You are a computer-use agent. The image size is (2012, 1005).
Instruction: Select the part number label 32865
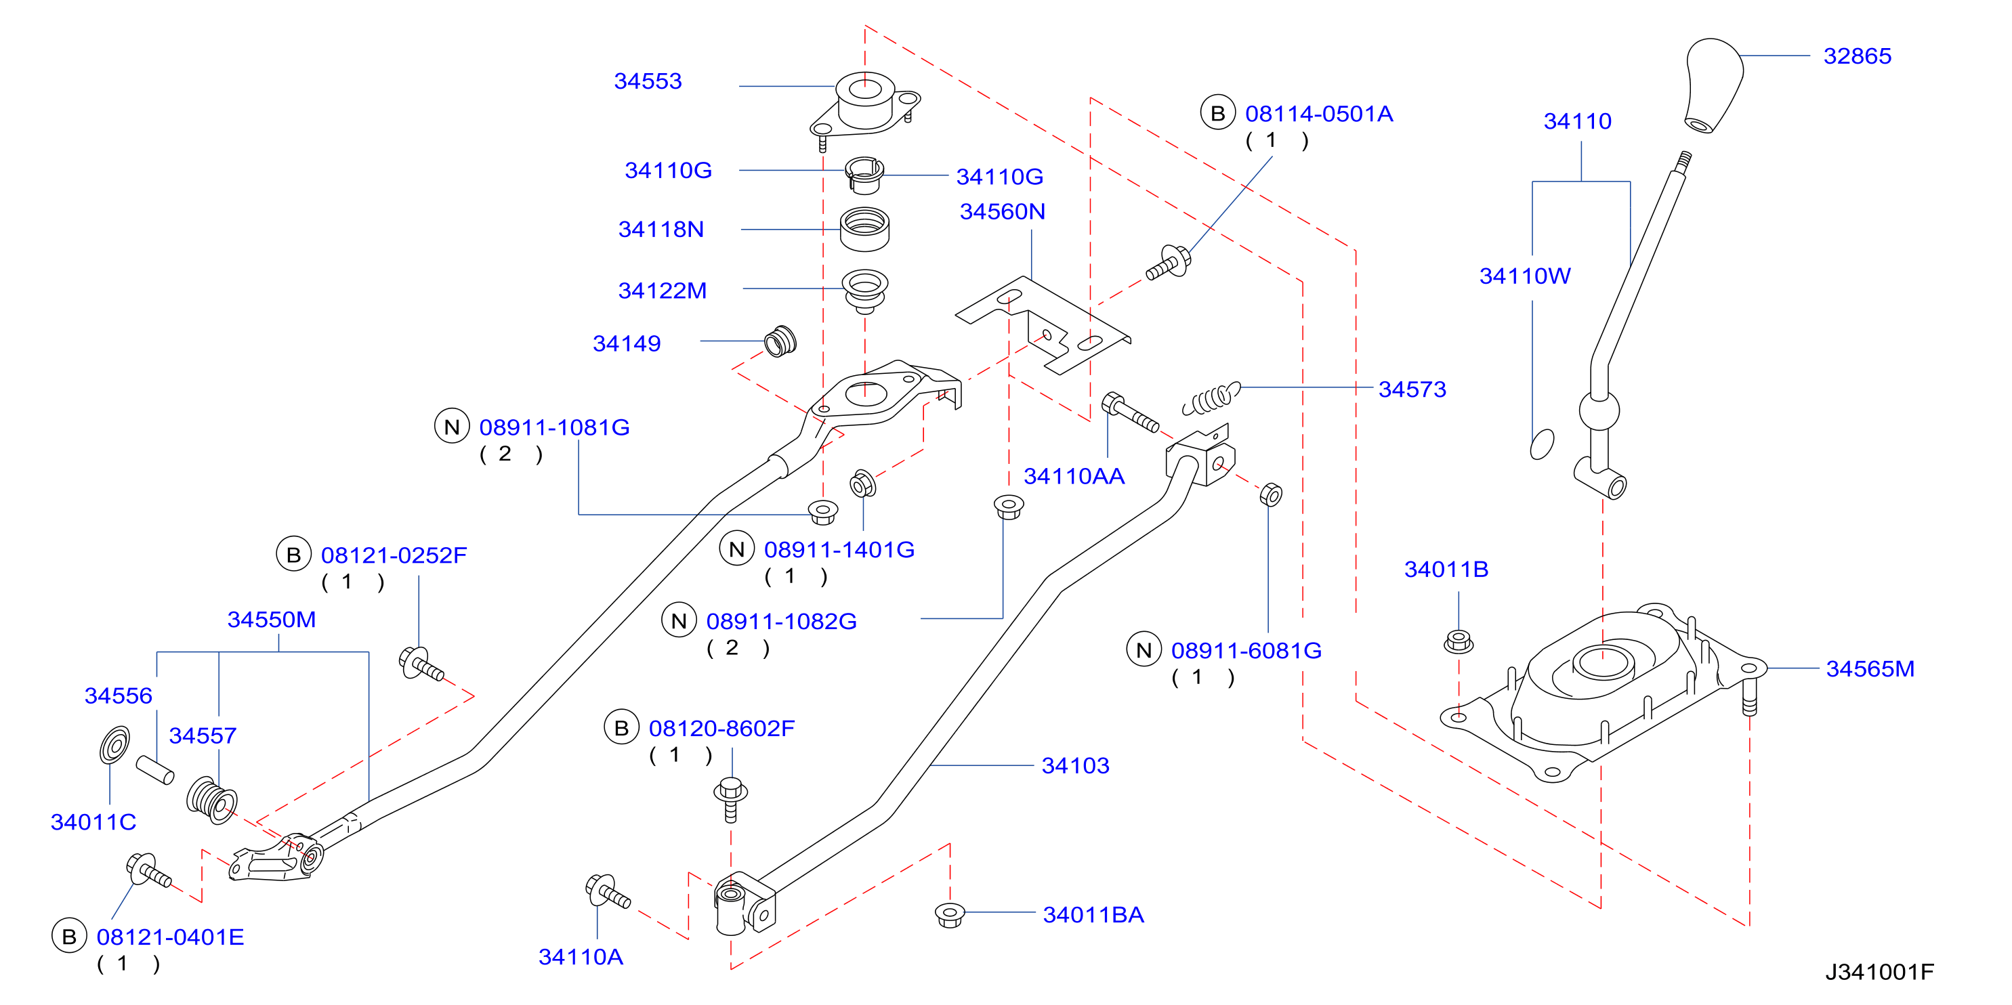pos(1857,56)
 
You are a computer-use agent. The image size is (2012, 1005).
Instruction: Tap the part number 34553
pos(648,81)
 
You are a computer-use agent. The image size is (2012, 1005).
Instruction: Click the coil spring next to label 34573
pos(1211,398)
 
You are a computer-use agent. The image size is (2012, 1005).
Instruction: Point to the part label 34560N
pos(1002,211)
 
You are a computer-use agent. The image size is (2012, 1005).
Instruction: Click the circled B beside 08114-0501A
pos(1217,114)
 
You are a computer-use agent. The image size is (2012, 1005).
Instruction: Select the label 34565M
pos(1870,668)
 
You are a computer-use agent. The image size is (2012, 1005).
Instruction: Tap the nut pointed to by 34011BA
pos(950,914)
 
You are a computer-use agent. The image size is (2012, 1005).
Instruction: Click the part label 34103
pos(1076,765)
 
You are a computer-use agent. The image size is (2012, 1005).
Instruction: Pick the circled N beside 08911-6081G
pos(1144,651)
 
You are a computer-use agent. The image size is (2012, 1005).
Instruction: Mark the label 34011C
pos(93,821)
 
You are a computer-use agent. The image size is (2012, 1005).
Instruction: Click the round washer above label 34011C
pos(114,745)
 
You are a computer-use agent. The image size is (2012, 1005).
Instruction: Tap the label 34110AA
pos(1074,475)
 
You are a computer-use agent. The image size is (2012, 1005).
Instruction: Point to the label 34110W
pos(1525,276)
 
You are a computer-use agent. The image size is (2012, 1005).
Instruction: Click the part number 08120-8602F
pos(721,729)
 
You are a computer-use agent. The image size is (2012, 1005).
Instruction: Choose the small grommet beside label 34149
pos(780,341)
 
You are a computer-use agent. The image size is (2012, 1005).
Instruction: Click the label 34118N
pos(661,230)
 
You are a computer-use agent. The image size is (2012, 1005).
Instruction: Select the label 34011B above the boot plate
pos(1446,570)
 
